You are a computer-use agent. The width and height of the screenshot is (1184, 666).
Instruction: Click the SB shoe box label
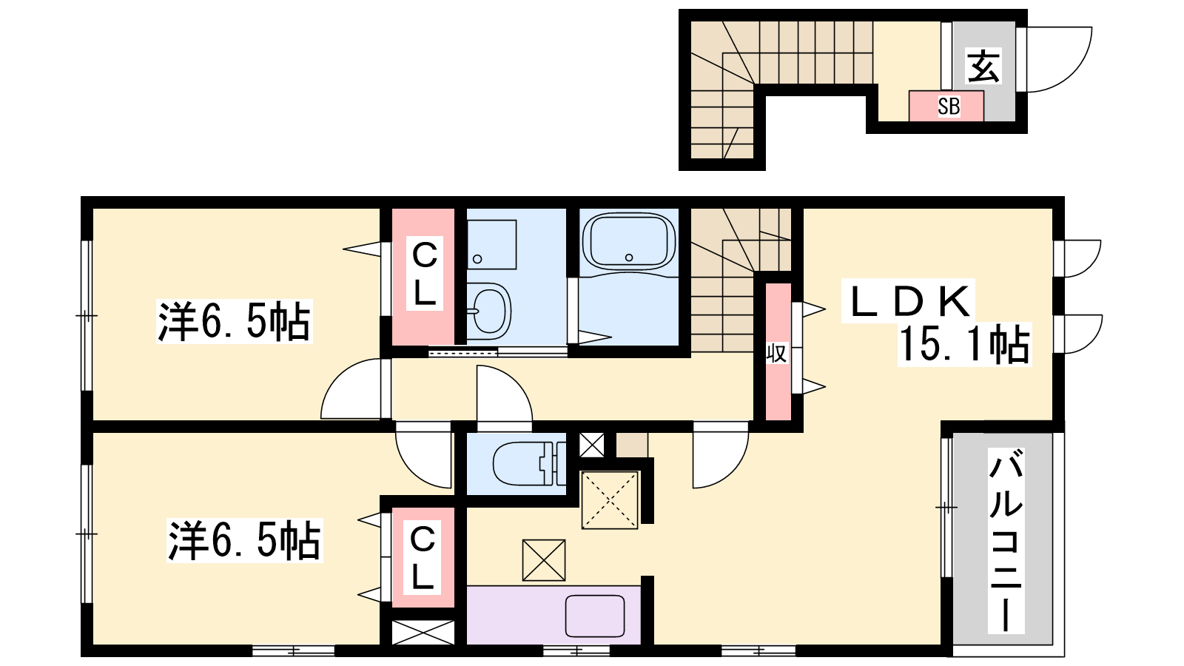tap(949, 107)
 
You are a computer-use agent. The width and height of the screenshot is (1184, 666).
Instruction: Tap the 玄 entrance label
tap(983, 66)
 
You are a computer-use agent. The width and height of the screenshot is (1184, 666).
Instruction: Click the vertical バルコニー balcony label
tap(1006, 540)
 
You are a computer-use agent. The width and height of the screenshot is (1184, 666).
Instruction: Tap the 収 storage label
tap(777, 353)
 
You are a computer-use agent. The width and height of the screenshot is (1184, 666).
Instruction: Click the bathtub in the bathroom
tap(629, 241)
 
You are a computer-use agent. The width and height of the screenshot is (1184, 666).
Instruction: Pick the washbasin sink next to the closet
tap(489, 311)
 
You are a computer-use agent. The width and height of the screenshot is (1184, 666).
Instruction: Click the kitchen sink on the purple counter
tap(595, 616)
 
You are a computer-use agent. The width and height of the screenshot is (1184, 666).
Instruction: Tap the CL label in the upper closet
tap(425, 275)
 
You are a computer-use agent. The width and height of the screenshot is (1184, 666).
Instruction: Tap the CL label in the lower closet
tap(423, 559)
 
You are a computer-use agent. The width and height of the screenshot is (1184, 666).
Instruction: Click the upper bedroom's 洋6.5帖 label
tap(234, 321)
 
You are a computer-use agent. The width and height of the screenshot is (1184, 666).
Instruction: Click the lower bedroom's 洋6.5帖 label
tap(244, 540)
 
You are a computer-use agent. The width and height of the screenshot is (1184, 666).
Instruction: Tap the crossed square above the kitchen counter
tap(543, 560)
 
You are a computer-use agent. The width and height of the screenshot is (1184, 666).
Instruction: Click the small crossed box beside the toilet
tap(591, 445)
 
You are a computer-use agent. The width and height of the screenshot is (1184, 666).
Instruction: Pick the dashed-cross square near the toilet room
tap(610, 500)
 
